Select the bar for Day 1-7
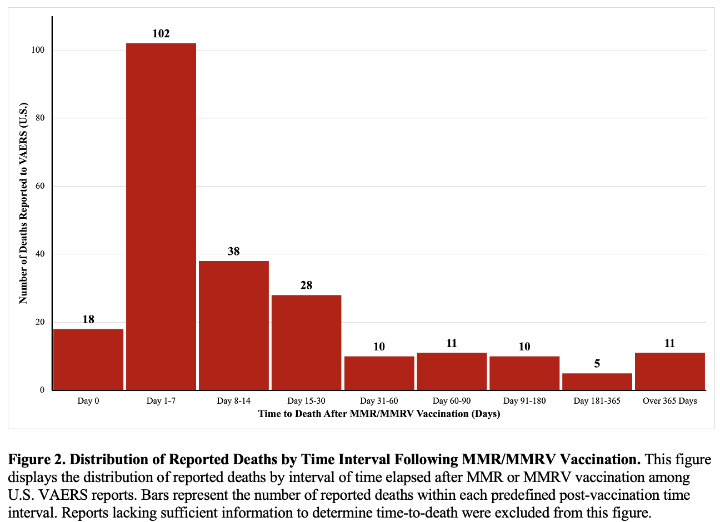point(161,217)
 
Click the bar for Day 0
point(88,359)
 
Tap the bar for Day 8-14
point(234,325)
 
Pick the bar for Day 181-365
point(597,382)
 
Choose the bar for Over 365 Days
point(670,371)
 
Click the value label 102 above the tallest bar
point(161,34)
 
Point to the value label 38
point(234,252)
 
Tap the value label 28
point(306,285)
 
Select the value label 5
point(597,364)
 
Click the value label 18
point(88,319)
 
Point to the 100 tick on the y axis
point(38,50)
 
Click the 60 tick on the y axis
point(40,186)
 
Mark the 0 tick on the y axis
point(42,390)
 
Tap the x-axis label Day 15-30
point(306,401)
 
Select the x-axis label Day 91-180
point(524,401)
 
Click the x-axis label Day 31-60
point(379,401)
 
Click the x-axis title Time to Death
point(379,414)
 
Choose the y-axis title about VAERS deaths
point(23,203)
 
